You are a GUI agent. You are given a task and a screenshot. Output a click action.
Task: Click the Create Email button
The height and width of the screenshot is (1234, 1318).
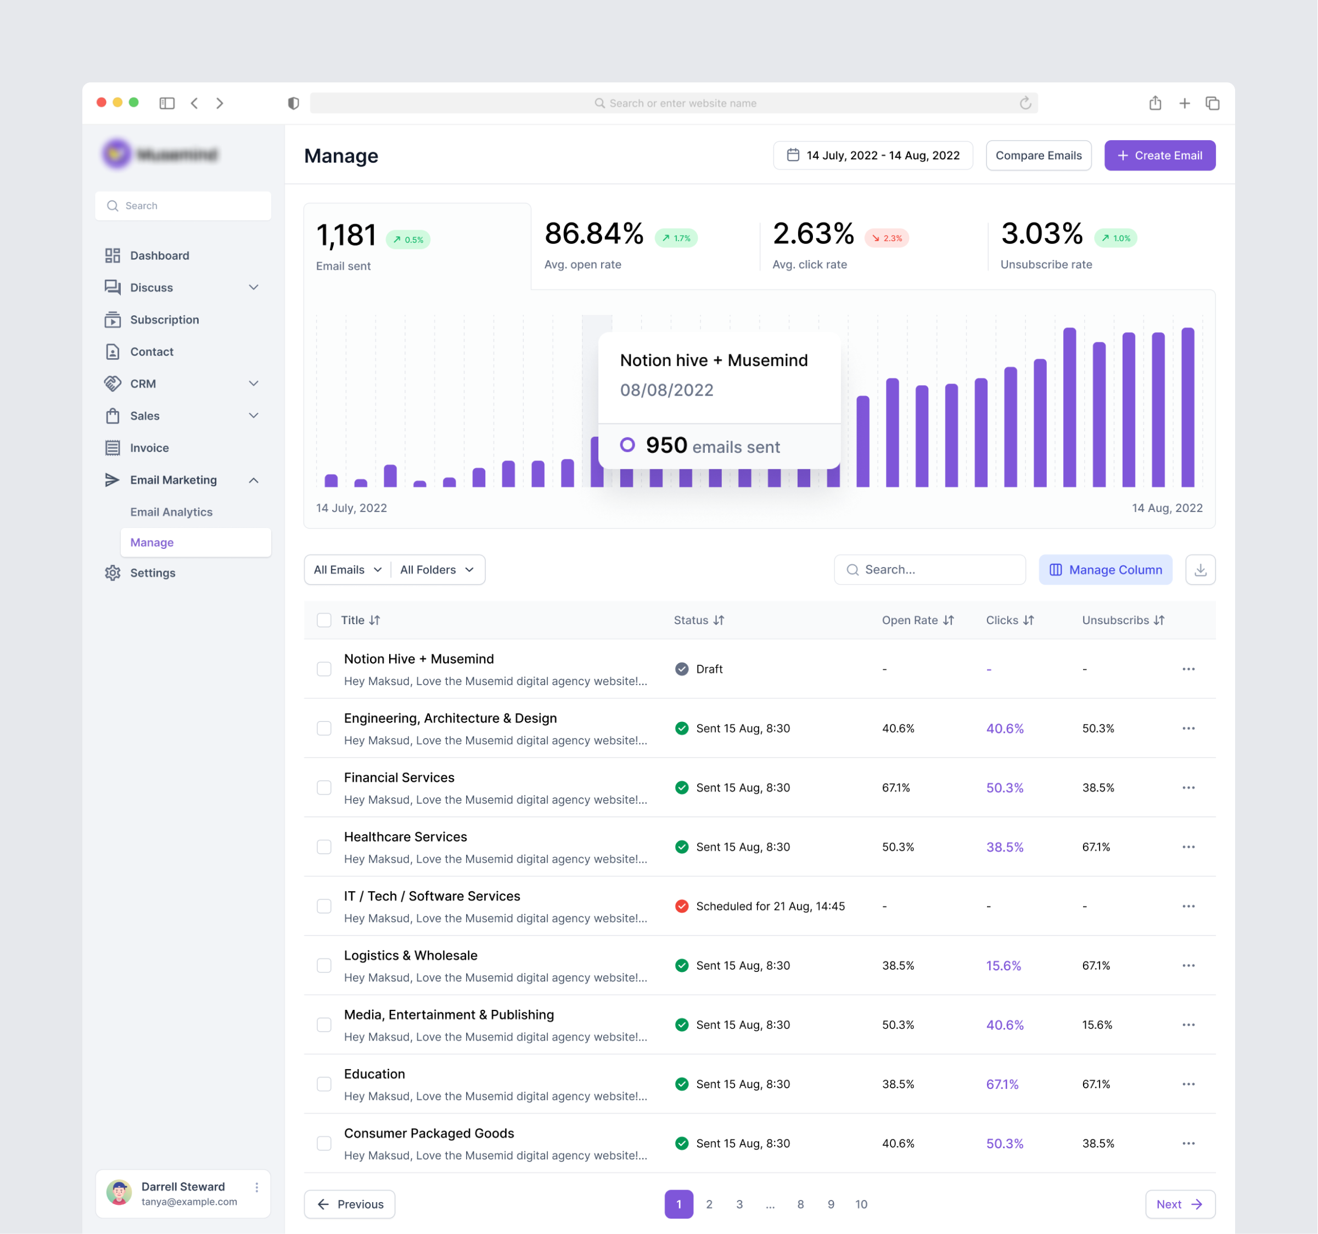[x=1159, y=155]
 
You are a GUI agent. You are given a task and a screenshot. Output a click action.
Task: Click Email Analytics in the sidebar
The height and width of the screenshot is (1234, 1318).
[x=171, y=512]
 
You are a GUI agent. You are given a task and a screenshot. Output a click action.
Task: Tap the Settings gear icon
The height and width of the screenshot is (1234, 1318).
[x=113, y=572]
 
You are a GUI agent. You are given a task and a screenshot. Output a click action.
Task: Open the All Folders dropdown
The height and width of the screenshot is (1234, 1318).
[x=437, y=570]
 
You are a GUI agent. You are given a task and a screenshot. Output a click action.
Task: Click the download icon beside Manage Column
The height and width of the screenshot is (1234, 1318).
[x=1200, y=570]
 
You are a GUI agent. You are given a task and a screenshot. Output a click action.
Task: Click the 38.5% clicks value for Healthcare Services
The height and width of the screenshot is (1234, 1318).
[x=1005, y=847]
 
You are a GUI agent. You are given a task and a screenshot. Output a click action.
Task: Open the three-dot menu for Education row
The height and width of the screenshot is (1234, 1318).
[x=1188, y=1084]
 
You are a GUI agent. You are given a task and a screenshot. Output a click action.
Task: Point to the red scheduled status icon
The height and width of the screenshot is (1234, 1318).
[x=682, y=906]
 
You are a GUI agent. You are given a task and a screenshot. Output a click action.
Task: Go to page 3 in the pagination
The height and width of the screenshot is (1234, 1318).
[x=739, y=1204]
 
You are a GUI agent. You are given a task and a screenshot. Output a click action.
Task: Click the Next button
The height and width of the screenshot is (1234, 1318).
[x=1180, y=1204]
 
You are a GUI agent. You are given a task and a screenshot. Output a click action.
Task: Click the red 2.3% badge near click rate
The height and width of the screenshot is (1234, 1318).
[x=887, y=238]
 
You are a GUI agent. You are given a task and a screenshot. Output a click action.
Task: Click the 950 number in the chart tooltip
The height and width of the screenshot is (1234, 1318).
[x=666, y=445]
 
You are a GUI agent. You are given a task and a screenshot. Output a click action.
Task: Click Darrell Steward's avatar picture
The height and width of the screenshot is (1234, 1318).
[x=119, y=1193]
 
